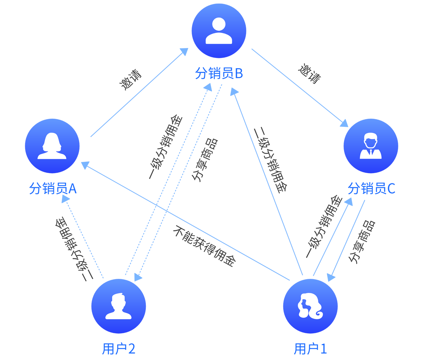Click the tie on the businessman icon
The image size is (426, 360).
371,153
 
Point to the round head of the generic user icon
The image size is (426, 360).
219,24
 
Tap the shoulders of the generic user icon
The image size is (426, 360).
219,38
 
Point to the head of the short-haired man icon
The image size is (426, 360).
118,301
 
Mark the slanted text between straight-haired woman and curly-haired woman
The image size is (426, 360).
202,245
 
